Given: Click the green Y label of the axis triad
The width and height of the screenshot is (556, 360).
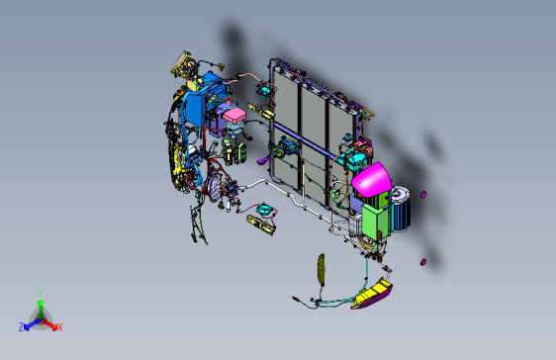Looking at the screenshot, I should tap(40, 293).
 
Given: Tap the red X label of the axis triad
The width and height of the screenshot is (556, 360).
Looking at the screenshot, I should tap(59, 326).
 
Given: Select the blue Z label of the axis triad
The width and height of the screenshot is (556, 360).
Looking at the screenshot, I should tap(22, 326).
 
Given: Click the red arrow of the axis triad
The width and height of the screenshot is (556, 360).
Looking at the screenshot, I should tap(51, 323).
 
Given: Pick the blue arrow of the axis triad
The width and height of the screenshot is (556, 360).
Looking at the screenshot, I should tap(30, 323).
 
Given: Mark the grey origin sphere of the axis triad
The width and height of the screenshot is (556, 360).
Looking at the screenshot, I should tap(40, 317).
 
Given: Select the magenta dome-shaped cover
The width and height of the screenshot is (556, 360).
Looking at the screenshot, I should tap(370, 182).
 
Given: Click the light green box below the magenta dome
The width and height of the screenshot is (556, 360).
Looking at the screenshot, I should tap(375, 223).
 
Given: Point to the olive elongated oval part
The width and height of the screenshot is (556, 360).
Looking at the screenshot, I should tap(320, 269).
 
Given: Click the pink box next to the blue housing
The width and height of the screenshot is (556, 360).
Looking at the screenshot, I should tap(235, 118).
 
